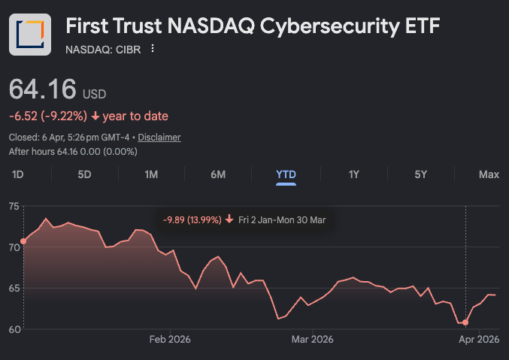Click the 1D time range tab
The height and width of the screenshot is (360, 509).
tap(18, 174)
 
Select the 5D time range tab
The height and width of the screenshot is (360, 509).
tap(84, 174)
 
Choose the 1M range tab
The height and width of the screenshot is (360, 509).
tap(151, 174)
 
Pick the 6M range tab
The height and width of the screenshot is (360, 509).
tap(218, 174)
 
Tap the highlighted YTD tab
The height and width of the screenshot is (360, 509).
tap(286, 174)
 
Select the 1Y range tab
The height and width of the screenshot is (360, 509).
tap(353, 174)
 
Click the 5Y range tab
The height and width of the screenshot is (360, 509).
tap(420, 174)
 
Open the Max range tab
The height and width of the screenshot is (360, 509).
tap(489, 174)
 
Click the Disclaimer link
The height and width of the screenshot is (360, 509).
tap(159, 138)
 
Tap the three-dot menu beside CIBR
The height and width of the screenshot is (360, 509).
tap(153, 49)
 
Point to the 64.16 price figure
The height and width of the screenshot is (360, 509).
tap(43, 89)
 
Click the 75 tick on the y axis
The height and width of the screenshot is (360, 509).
tap(14, 206)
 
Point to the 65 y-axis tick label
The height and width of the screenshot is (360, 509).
tap(14, 288)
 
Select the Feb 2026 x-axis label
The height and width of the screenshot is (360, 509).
tap(170, 340)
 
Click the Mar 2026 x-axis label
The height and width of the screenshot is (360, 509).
tap(312, 340)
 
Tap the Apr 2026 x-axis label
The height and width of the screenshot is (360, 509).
tap(478, 340)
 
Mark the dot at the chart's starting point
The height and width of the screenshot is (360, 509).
tap(23, 241)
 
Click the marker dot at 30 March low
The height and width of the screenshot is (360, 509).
tap(466, 322)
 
